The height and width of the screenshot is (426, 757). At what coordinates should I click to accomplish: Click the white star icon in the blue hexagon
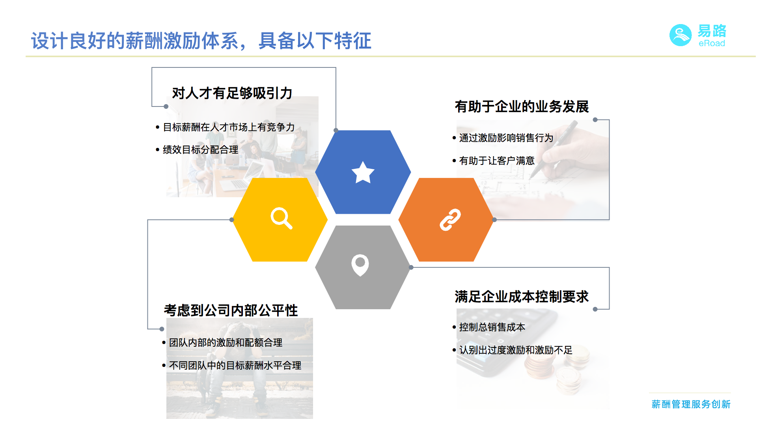coord(363,172)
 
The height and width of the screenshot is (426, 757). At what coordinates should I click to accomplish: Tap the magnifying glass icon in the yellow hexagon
coord(281,218)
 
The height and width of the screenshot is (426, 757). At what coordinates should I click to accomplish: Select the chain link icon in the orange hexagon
coord(450,220)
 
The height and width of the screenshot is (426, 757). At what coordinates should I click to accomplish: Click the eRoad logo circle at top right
coord(681,35)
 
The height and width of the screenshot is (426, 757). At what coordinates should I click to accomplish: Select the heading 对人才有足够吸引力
coord(232,93)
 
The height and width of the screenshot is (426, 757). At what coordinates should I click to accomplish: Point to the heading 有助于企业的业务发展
coord(522,106)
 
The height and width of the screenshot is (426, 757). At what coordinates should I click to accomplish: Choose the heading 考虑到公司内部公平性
coord(231,310)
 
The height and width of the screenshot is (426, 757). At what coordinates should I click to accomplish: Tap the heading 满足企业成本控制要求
coord(522,297)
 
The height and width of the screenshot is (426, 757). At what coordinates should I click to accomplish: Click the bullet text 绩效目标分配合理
coord(200,150)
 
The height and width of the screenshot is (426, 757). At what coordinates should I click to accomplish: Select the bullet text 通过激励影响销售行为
coord(506,138)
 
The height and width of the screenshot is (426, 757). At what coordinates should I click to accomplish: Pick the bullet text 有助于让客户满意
coord(497,161)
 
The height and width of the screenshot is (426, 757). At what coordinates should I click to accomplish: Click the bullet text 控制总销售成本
coord(492,327)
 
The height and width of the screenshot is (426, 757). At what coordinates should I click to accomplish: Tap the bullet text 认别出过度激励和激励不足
coord(516,350)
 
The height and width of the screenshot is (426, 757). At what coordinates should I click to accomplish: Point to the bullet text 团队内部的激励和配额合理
coord(226,343)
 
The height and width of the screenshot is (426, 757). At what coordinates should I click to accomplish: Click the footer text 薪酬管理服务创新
coord(691,404)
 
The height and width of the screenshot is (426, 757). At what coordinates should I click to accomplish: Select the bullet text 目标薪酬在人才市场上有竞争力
coord(229,127)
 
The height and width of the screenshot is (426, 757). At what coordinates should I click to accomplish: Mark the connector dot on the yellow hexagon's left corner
coord(232,220)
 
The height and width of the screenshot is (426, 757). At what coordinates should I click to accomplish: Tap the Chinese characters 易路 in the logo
coord(712,31)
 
